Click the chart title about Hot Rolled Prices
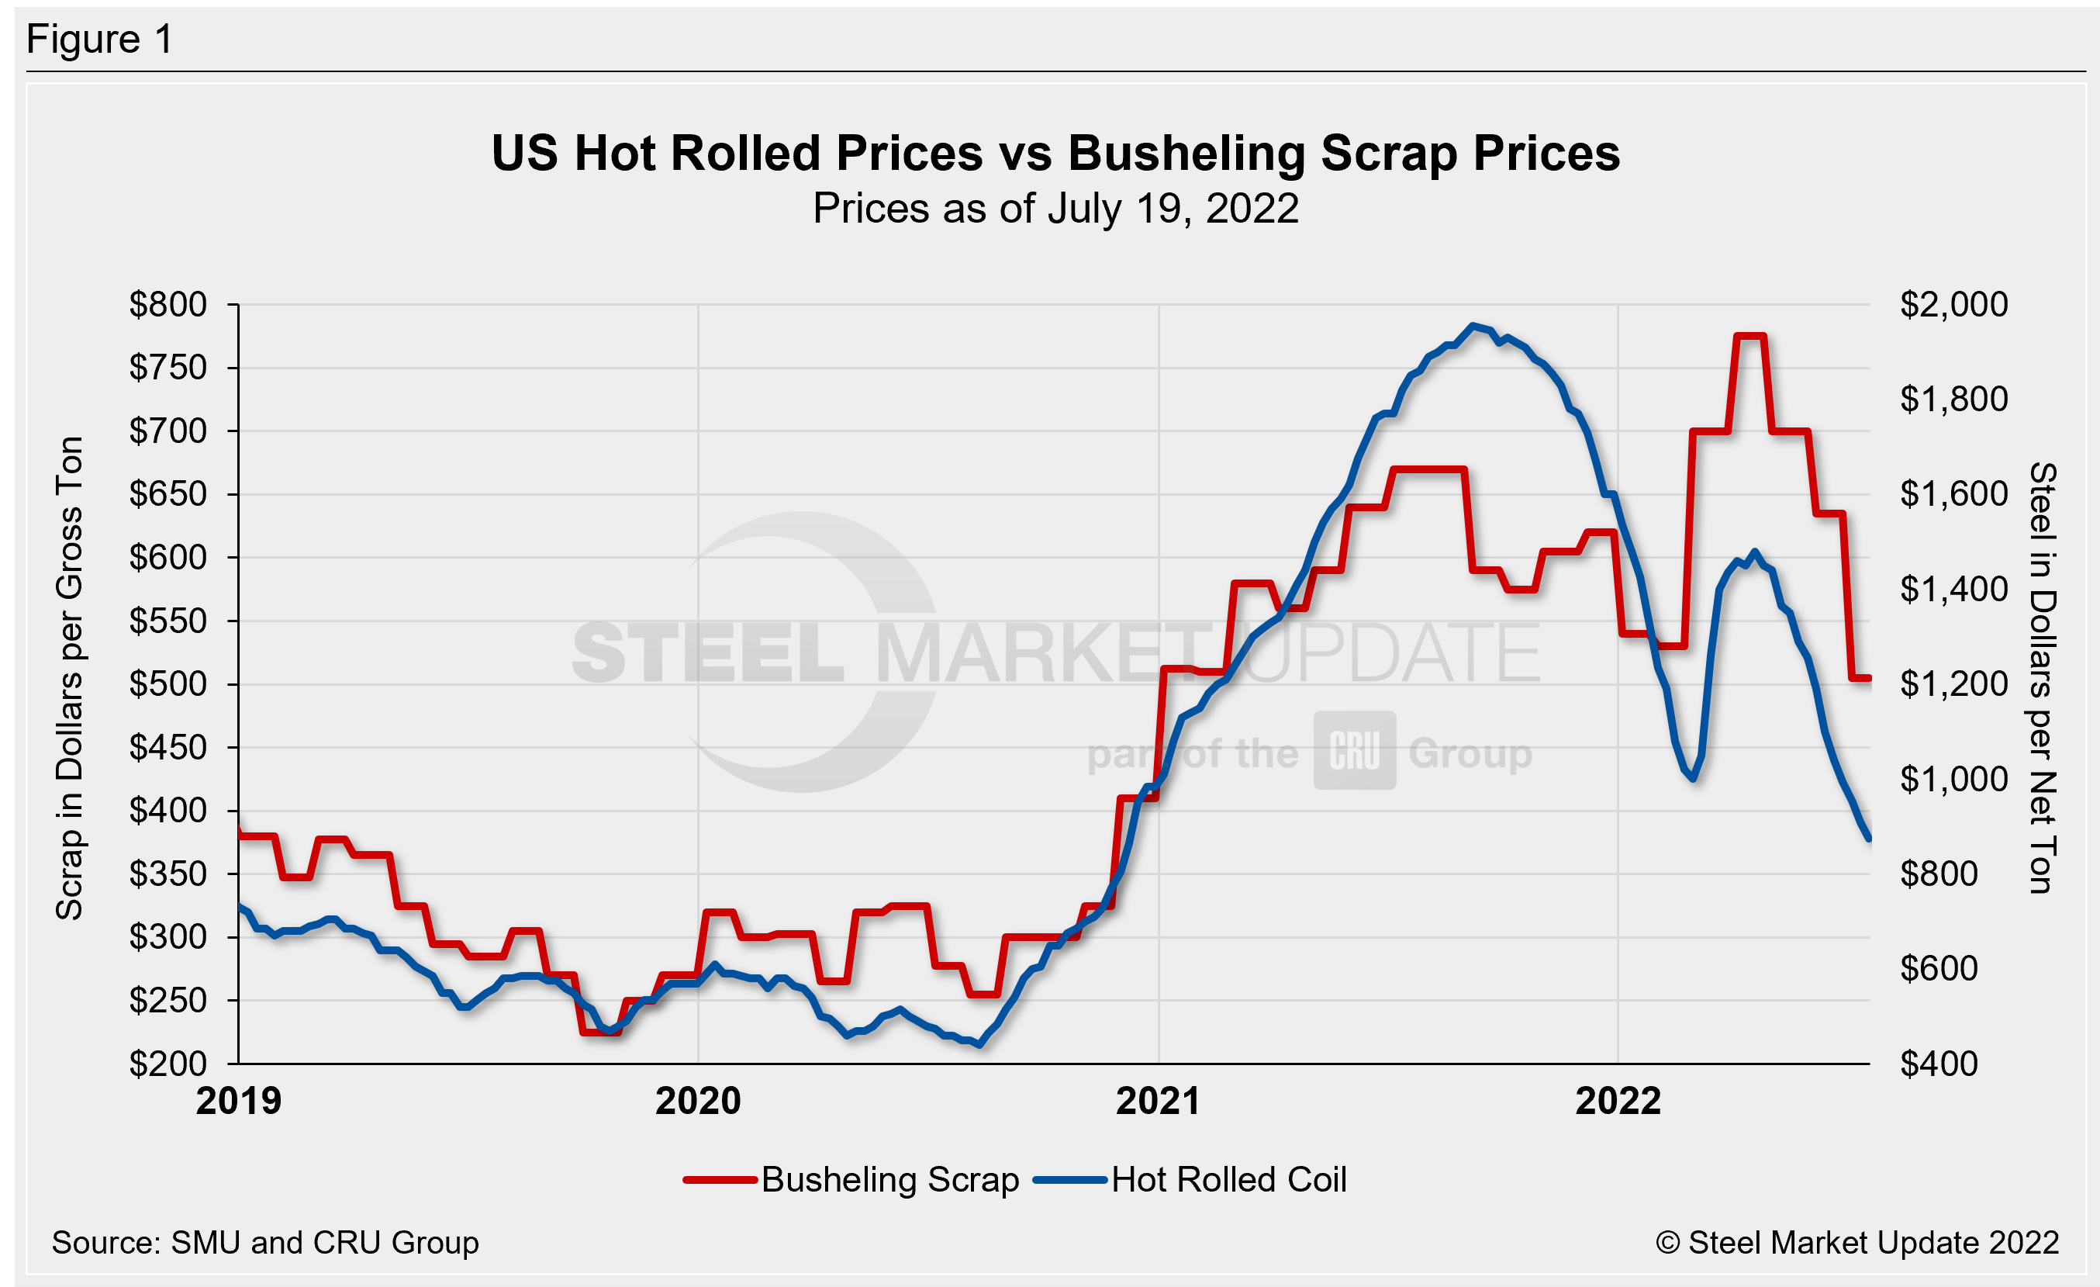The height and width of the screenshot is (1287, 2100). [1055, 154]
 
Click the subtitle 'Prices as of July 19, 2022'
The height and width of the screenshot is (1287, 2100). [1055, 209]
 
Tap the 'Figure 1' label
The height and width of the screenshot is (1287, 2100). [100, 40]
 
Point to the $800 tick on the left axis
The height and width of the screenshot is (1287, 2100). [168, 304]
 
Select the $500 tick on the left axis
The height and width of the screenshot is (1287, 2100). [168, 683]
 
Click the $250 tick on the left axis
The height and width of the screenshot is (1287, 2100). [168, 1000]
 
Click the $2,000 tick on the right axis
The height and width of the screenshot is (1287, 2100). [1953, 304]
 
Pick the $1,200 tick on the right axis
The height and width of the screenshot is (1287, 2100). [1953, 683]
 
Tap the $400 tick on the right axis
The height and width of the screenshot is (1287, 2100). [1938, 1063]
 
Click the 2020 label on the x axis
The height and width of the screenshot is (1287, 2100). [697, 1101]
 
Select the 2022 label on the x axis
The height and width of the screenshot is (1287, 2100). [1618, 1101]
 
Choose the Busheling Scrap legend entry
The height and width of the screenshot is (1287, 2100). [852, 1180]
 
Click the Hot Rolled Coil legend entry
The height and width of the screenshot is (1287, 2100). [1191, 1180]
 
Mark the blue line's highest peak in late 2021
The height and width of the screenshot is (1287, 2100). [1473, 326]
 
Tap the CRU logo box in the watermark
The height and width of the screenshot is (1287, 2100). [1354, 750]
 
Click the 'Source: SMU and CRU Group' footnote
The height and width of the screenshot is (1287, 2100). [265, 1242]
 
